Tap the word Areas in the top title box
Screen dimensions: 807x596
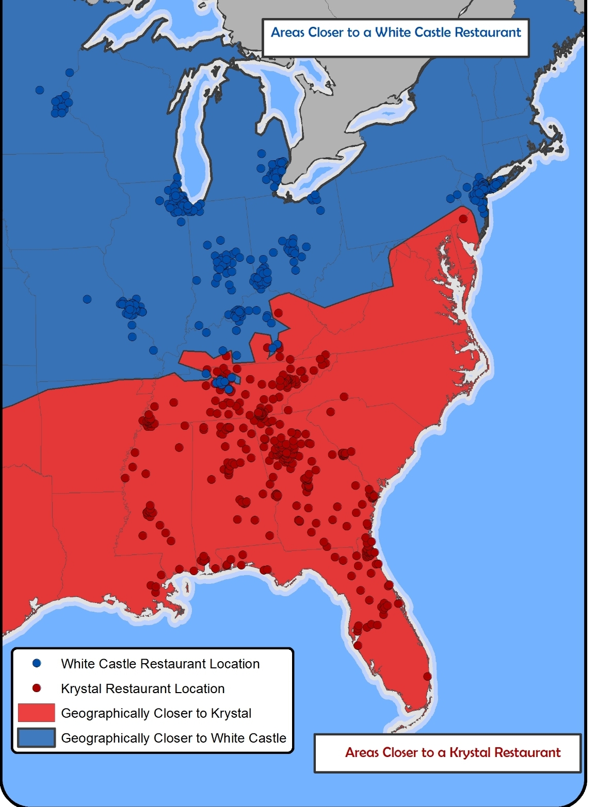pyautogui.click(x=288, y=32)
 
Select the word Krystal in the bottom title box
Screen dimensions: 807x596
pyautogui.click(x=470, y=752)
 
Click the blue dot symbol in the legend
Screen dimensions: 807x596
pyautogui.click(x=37, y=663)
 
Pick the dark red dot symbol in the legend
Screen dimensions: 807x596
pyautogui.click(x=37, y=688)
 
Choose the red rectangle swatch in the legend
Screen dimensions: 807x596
pyautogui.click(x=36, y=713)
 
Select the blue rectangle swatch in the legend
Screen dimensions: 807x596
pyautogui.click(x=36, y=737)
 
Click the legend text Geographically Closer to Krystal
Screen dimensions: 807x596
pyautogui.click(x=156, y=713)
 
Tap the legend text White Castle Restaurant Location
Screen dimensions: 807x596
pyautogui.click(x=160, y=664)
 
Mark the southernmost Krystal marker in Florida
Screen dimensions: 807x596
pyautogui.click(x=427, y=676)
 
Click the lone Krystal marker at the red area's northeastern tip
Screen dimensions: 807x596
pyautogui.click(x=463, y=219)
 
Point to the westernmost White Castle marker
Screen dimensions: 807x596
pyautogui.click(x=40, y=90)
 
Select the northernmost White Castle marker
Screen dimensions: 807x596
pyautogui.click(x=70, y=73)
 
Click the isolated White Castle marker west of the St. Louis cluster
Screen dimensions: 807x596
pyautogui.click(x=87, y=299)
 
